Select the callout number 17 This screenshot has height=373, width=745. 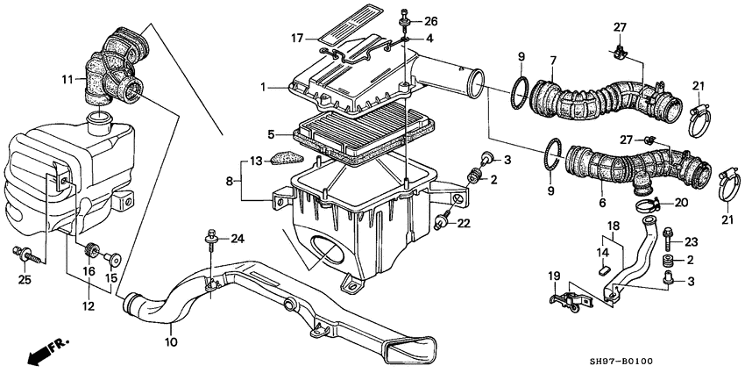click(x=297, y=38)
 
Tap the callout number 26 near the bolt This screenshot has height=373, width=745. click(x=430, y=20)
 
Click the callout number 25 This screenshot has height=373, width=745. click(x=25, y=279)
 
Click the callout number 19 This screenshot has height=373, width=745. click(x=553, y=276)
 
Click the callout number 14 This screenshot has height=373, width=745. click(x=603, y=254)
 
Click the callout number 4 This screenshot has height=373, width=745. click(x=429, y=39)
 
